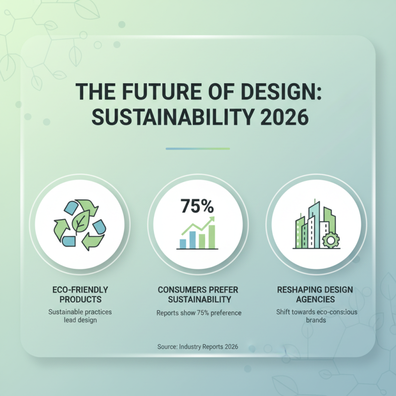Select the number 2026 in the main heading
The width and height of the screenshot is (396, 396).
[280, 119]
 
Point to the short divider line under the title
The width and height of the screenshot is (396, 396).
[198, 148]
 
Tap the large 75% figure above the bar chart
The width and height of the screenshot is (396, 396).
[197, 205]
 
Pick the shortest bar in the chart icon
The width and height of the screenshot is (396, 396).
[182, 243]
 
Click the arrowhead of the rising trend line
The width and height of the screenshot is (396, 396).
[212, 219]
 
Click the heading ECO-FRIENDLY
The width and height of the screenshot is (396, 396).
[79, 290]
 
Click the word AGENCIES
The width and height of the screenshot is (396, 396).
[316, 299]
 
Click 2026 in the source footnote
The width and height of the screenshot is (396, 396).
[230, 347]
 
